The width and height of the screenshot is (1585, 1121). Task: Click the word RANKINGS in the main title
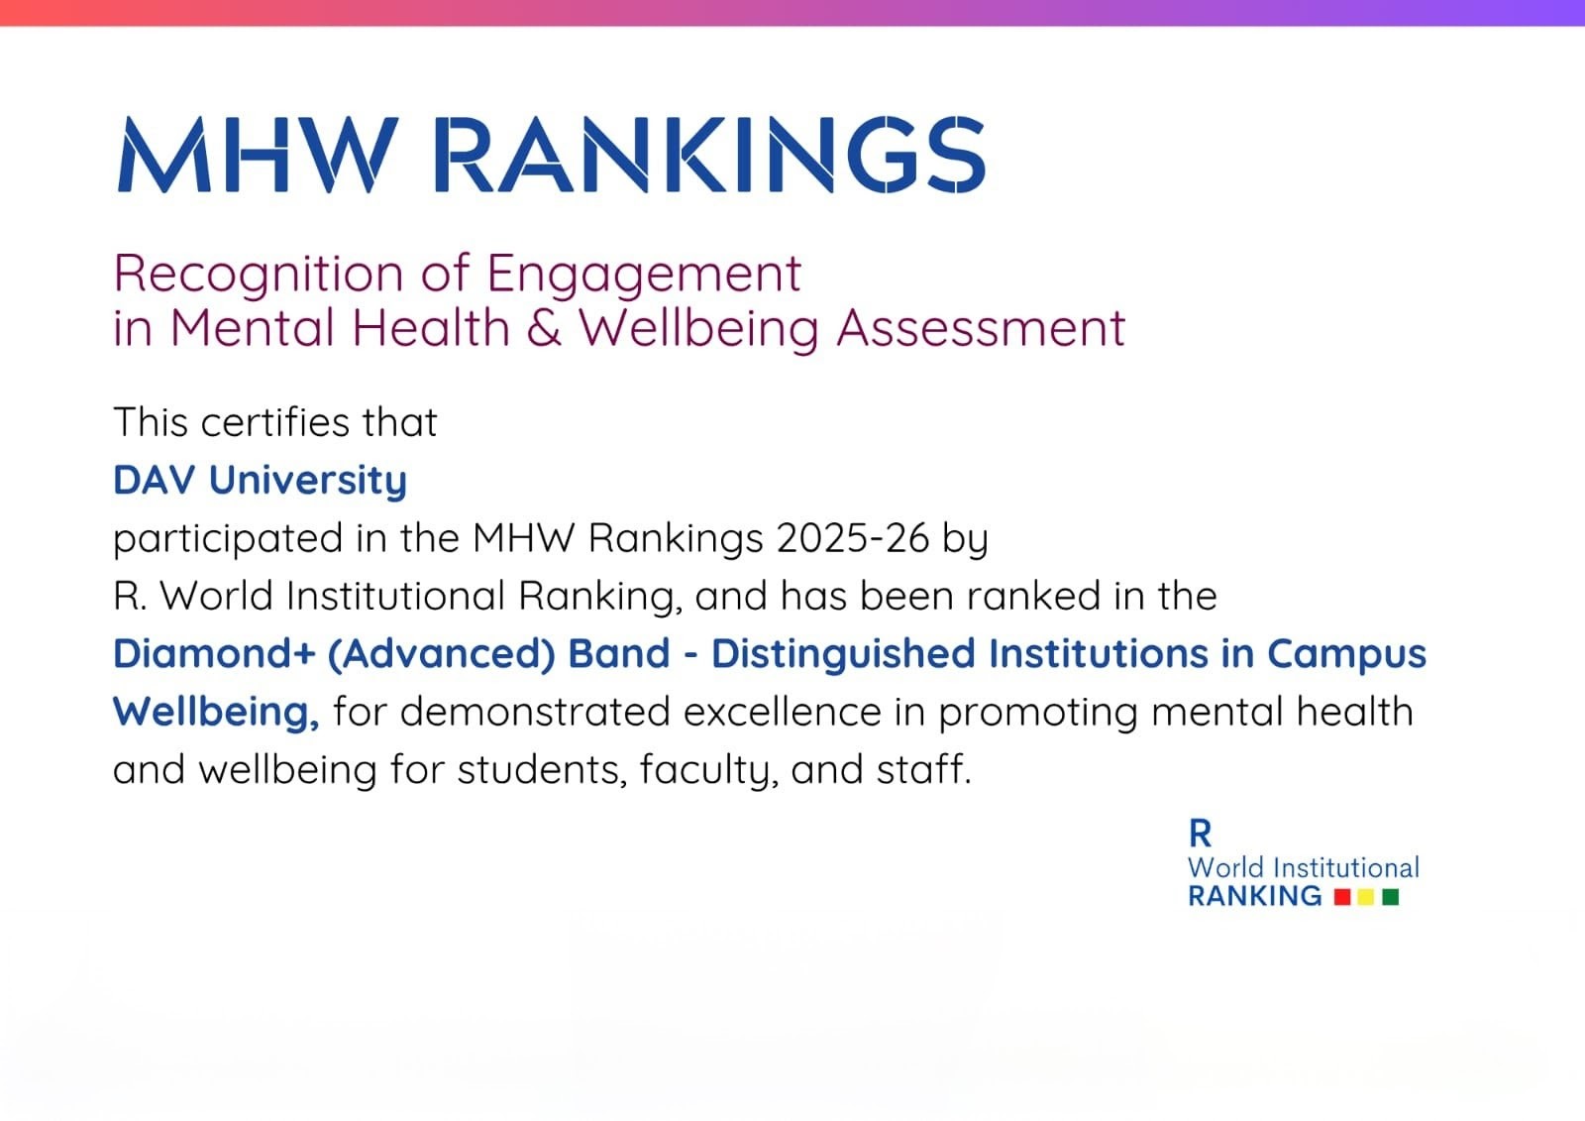pyautogui.click(x=709, y=155)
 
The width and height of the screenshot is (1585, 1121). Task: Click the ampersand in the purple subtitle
pyautogui.click(x=544, y=329)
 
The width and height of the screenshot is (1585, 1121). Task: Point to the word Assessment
pyautogui.click(x=981, y=329)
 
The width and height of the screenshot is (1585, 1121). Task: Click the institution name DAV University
pyautogui.click(x=261, y=481)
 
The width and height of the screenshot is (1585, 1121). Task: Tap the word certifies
pyautogui.click(x=275, y=423)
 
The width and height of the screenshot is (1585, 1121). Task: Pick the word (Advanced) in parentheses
pyautogui.click(x=442, y=653)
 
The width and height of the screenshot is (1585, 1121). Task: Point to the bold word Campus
pyautogui.click(x=1346, y=654)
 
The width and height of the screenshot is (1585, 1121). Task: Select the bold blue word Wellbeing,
pyautogui.click(x=217, y=712)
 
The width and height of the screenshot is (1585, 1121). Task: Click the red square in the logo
pyautogui.click(x=1342, y=897)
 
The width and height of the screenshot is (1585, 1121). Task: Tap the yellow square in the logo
pyautogui.click(x=1366, y=897)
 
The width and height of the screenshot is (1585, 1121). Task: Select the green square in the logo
pyautogui.click(x=1391, y=897)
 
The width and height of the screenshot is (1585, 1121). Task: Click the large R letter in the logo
pyautogui.click(x=1200, y=834)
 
